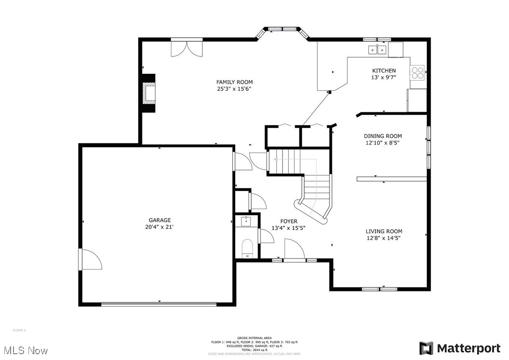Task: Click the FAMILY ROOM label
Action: tap(234, 82)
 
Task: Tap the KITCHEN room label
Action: tap(383, 71)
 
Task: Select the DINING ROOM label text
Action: tap(382, 136)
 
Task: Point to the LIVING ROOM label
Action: tap(383, 231)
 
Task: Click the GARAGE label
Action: tap(159, 220)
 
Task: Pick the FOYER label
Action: tap(288, 221)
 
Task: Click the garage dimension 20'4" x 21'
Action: tap(159, 227)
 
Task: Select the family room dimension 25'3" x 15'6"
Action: tap(234, 89)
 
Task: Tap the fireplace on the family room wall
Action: tap(149, 93)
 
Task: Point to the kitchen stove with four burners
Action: tap(417, 72)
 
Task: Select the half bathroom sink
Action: tap(246, 222)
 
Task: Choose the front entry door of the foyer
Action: tap(294, 251)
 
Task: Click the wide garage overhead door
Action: tap(158, 304)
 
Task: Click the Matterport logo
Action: tap(460, 348)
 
